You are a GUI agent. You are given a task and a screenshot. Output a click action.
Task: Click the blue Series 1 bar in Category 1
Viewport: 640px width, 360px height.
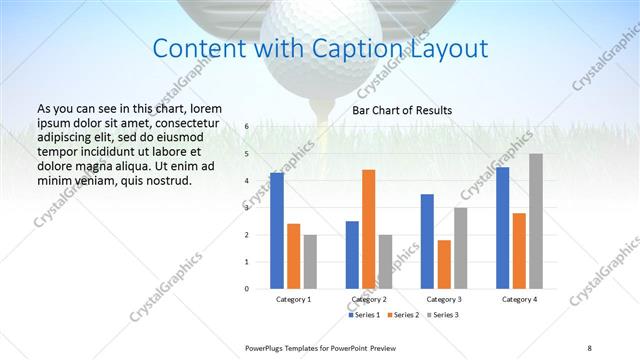[277, 231]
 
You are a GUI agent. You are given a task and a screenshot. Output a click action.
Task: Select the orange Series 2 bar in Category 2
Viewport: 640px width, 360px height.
[369, 229]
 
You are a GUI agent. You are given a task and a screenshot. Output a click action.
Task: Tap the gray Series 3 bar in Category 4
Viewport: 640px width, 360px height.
[536, 221]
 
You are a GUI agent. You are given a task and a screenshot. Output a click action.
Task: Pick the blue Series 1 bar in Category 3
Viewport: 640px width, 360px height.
[428, 241]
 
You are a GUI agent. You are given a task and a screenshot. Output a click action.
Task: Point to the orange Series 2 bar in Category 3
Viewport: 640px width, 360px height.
[445, 264]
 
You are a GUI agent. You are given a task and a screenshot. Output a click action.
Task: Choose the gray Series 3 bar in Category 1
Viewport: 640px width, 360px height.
[311, 261]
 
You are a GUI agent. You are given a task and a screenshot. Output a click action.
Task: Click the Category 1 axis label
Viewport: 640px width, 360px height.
[294, 299]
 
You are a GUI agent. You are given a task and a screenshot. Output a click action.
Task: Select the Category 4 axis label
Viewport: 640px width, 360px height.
[520, 299]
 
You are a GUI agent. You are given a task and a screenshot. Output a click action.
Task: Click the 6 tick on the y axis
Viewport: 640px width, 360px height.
[260, 127]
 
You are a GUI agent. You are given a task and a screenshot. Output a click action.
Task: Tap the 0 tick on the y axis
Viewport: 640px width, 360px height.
[260, 289]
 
